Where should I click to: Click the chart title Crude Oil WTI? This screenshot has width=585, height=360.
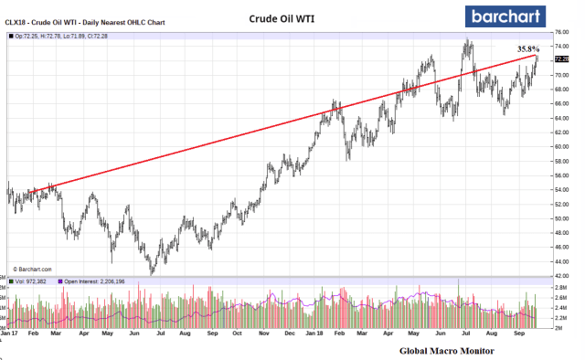click(285, 18)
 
